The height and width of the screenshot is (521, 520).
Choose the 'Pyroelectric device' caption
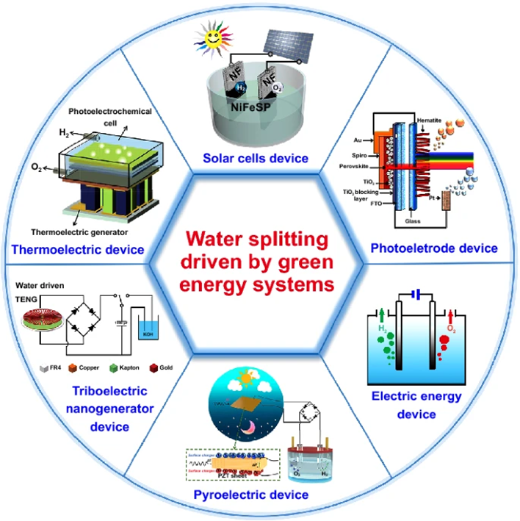pyautogui.click(x=260, y=495)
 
